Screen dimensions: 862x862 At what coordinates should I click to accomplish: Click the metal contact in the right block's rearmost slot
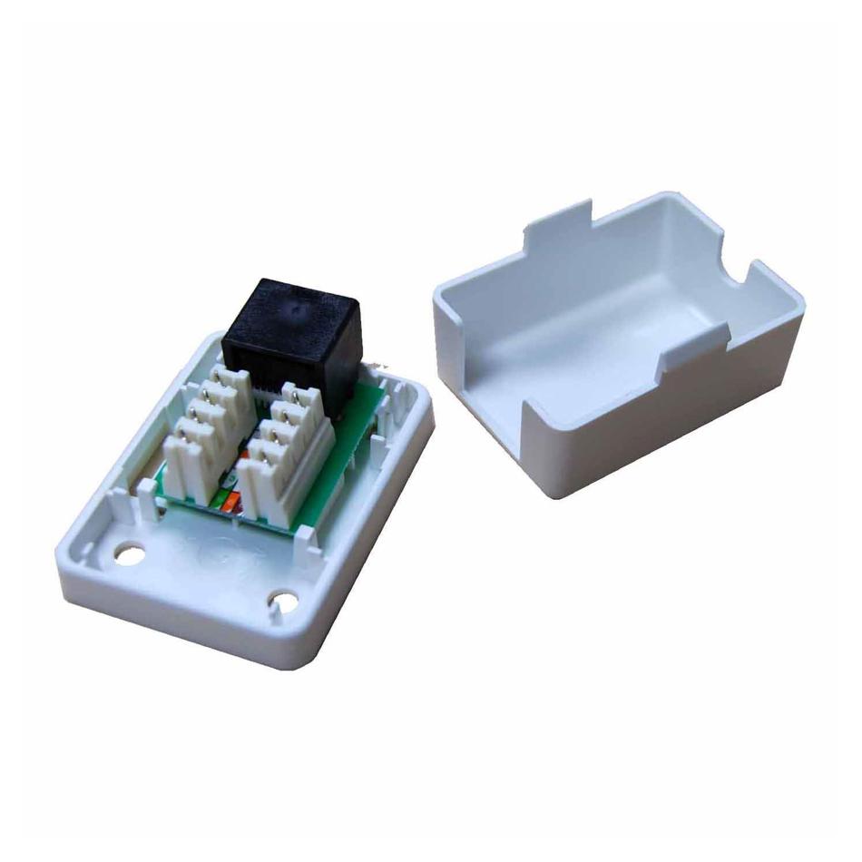[296, 392]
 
